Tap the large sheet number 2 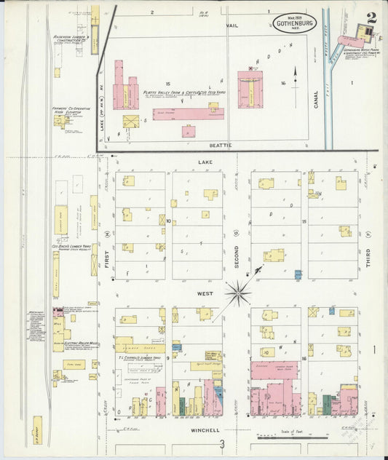[371, 17]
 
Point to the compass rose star [238, 293]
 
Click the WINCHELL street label [205, 430]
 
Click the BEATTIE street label [222, 146]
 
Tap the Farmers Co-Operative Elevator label [67, 110]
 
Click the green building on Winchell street [327, 405]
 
